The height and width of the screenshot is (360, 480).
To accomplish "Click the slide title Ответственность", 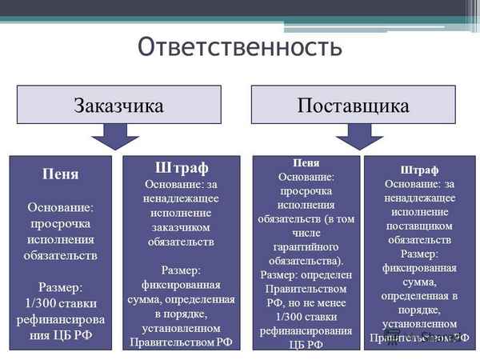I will [x=240, y=47].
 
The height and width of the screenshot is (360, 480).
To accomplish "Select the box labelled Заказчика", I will [x=119, y=105].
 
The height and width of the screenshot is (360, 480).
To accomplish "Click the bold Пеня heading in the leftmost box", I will [x=61, y=174].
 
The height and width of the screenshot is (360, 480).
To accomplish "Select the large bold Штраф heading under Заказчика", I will [x=181, y=169].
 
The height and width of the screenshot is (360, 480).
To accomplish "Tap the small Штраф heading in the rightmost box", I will [x=418, y=170].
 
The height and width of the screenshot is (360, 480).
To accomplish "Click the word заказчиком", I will [x=180, y=227].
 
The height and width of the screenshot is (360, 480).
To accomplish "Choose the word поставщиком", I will [x=418, y=224].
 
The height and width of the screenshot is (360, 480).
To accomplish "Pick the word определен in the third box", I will [x=317, y=273].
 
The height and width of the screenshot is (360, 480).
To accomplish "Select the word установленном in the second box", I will [x=180, y=328].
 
